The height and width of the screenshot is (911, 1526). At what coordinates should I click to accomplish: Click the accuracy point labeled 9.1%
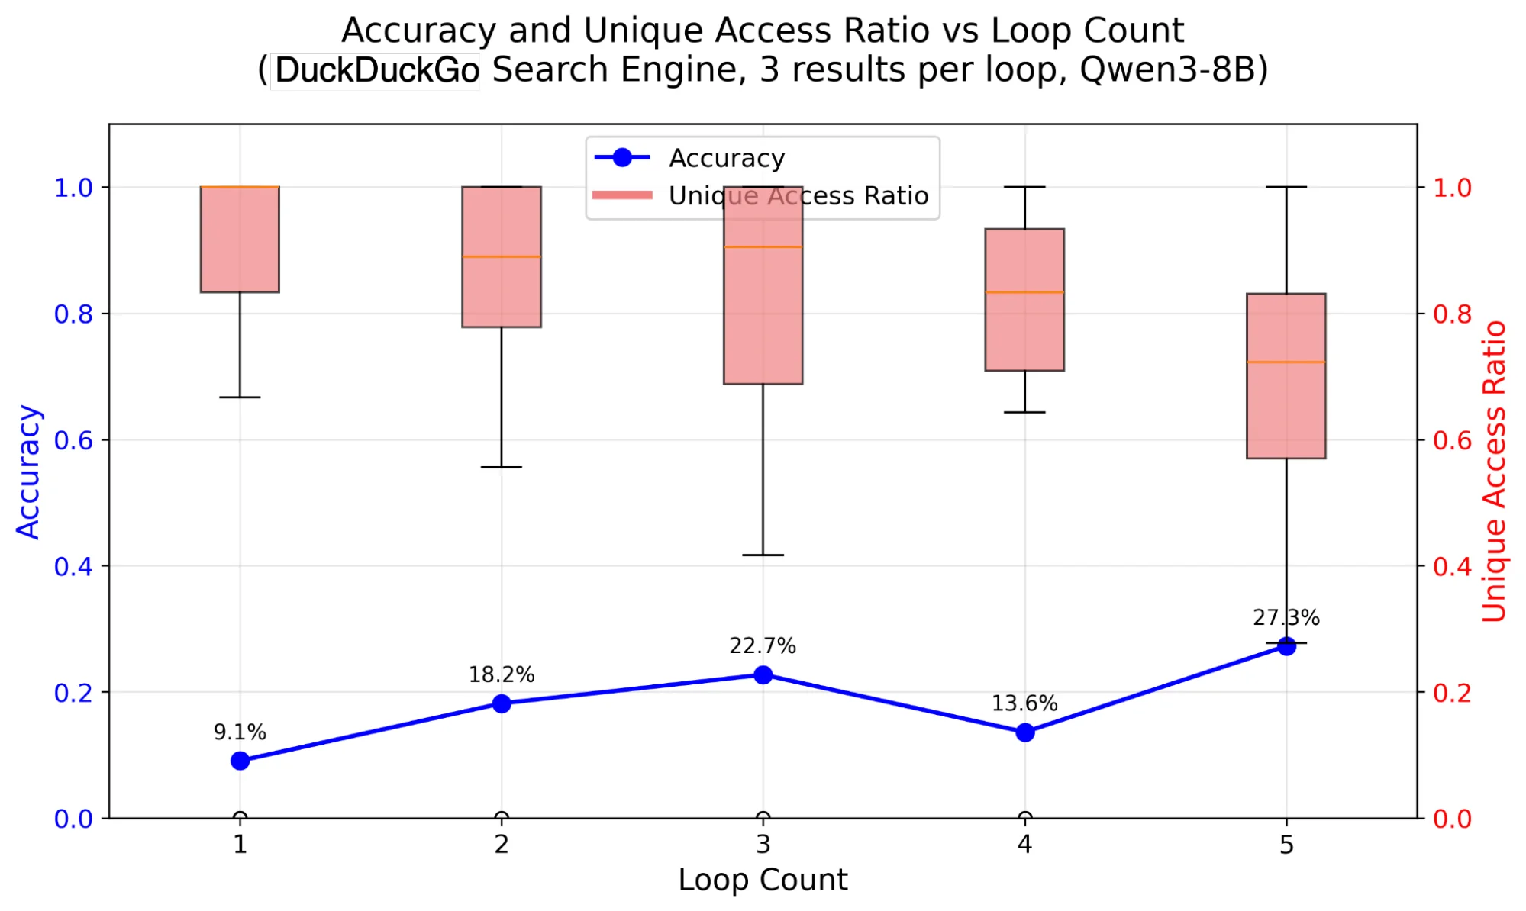pyautogui.click(x=240, y=761)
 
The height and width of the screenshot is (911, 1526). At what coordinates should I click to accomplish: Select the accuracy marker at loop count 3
pyautogui.click(x=763, y=674)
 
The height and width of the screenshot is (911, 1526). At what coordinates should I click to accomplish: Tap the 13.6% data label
pyautogui.click(x=1024, y=703)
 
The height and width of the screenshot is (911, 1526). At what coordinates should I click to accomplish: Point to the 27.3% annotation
pyautogui.click(x=1286, y=617)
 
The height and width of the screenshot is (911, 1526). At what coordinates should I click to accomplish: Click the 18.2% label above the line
pyautogui.click(x=501, y=674)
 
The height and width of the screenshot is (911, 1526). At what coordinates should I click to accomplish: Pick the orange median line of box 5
pyautogui.click(x=1286, y=362)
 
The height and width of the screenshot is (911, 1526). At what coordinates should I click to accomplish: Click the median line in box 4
pyautogui.click(x=1024, y=292)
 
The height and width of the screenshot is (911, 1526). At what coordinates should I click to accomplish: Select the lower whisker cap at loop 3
pyautogui.click(x=763, y=555)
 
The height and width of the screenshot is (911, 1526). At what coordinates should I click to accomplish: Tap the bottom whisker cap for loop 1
pyautogui.click(x=240, y=398)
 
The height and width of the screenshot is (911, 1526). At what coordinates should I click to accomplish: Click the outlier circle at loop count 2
pyautogui.click(x=502, y=818)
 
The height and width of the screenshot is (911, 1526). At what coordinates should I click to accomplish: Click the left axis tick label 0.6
pyautogui.click(x=73, y=440)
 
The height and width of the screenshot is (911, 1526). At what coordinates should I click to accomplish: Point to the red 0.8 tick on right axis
pyautogui.click(x=1452, y=314)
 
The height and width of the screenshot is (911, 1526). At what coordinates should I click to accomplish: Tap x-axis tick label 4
pyautogui.click(x=1024, y=845)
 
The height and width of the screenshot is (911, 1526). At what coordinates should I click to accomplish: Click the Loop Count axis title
pyautogui.click(x=763, y=880)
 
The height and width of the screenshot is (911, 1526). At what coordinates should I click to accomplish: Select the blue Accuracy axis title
pyautogui.click(x=28, y=472)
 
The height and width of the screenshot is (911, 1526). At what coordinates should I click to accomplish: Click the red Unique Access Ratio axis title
pyautogui.click(x=1494, y=472)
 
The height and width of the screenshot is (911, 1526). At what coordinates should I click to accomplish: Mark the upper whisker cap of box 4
pyautogui.click(x=1024, y=187)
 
